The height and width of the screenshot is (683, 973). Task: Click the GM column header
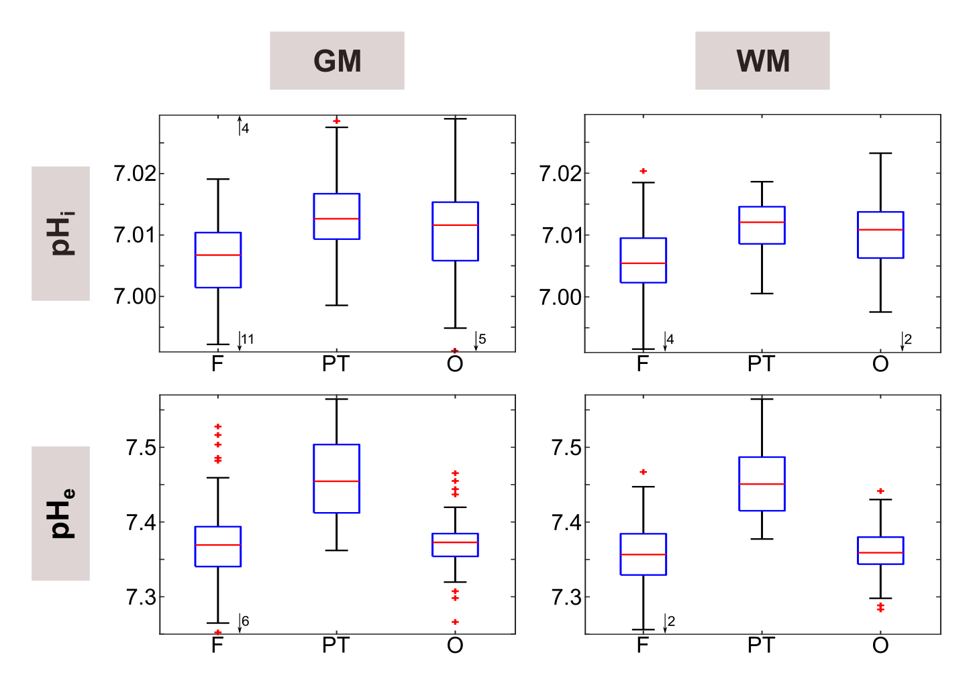pos(337,61)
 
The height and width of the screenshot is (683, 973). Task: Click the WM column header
pos(762,61)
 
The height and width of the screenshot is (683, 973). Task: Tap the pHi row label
pos(60,233)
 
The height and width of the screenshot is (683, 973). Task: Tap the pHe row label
pos(60,513)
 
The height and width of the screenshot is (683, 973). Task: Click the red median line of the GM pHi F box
pos(218,255)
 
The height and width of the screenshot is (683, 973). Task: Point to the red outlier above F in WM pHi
pos(644,171)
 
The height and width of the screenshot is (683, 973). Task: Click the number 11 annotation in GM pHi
pos(248,339)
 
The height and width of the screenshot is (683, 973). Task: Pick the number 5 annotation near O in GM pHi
pos(482,339)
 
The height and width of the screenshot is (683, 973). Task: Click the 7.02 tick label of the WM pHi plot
pos(560,174)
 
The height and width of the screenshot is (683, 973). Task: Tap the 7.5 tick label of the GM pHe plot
pos(141,448)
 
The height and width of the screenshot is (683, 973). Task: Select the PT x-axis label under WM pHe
pos(762,645)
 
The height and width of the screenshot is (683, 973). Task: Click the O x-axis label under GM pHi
pos(455,364)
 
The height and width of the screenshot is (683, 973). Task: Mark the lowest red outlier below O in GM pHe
pos(455,622)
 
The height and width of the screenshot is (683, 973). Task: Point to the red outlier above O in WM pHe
pos(881,491)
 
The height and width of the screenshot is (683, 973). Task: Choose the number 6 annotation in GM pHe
pos(246,621)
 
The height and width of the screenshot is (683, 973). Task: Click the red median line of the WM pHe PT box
pos(762,484)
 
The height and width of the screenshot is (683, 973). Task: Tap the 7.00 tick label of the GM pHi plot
pos(135,296)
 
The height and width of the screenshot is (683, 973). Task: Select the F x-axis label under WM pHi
pos(643,364)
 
